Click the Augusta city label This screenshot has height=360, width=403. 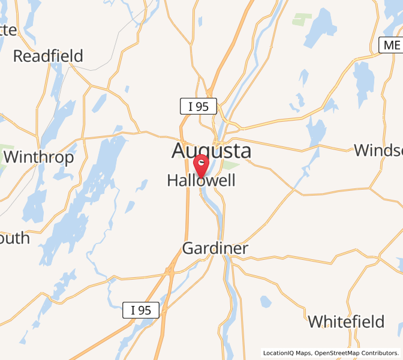point(211,151)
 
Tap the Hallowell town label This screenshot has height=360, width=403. point(201,181)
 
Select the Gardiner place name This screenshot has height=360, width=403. point(215,248)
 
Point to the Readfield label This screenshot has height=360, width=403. point(48,56)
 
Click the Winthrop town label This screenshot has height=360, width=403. point(39,157)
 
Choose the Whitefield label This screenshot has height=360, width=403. point(346,321)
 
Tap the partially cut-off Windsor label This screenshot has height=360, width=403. point(378,149)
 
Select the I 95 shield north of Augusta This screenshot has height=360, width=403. point(198,107)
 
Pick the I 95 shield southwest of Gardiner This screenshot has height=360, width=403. point(141,310)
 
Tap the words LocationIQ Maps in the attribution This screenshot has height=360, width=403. point(287,353)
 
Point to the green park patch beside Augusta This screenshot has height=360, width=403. point(231,164)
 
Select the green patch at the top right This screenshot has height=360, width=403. point(302,19)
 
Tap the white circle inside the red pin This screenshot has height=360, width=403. point(203,161)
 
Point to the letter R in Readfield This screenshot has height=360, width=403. point(19,56)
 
